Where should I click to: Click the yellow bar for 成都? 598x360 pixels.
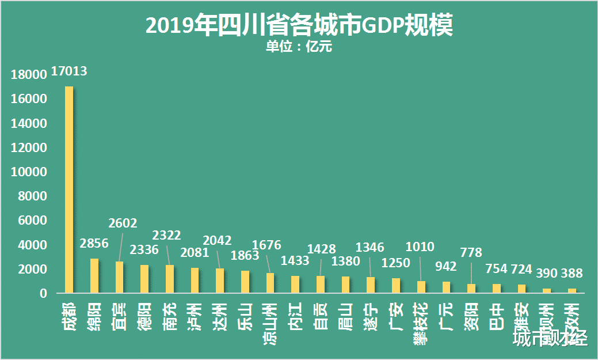coord(69,190)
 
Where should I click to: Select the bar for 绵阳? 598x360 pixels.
coord(94,276)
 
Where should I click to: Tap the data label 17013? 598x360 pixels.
coord(69,71)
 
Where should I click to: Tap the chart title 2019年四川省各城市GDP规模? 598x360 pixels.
coord(299,26)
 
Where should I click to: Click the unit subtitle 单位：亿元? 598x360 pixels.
coord(299,47)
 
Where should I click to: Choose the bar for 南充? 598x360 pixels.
coord(170,279)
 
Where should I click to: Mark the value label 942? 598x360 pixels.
coord(445,266)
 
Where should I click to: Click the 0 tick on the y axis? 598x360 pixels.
coord(43,294)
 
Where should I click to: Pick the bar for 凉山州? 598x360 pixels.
coord(270,283)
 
